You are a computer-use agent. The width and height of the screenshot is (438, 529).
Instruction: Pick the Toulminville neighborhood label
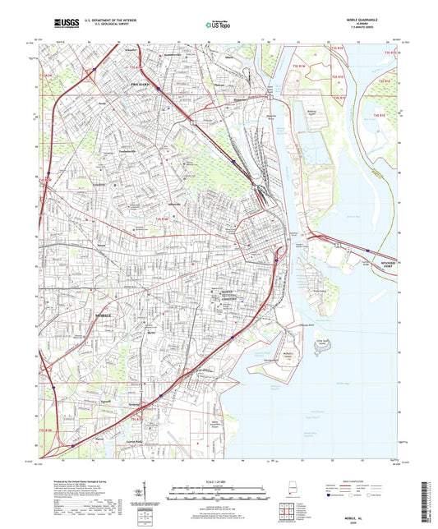coord(109,152)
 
